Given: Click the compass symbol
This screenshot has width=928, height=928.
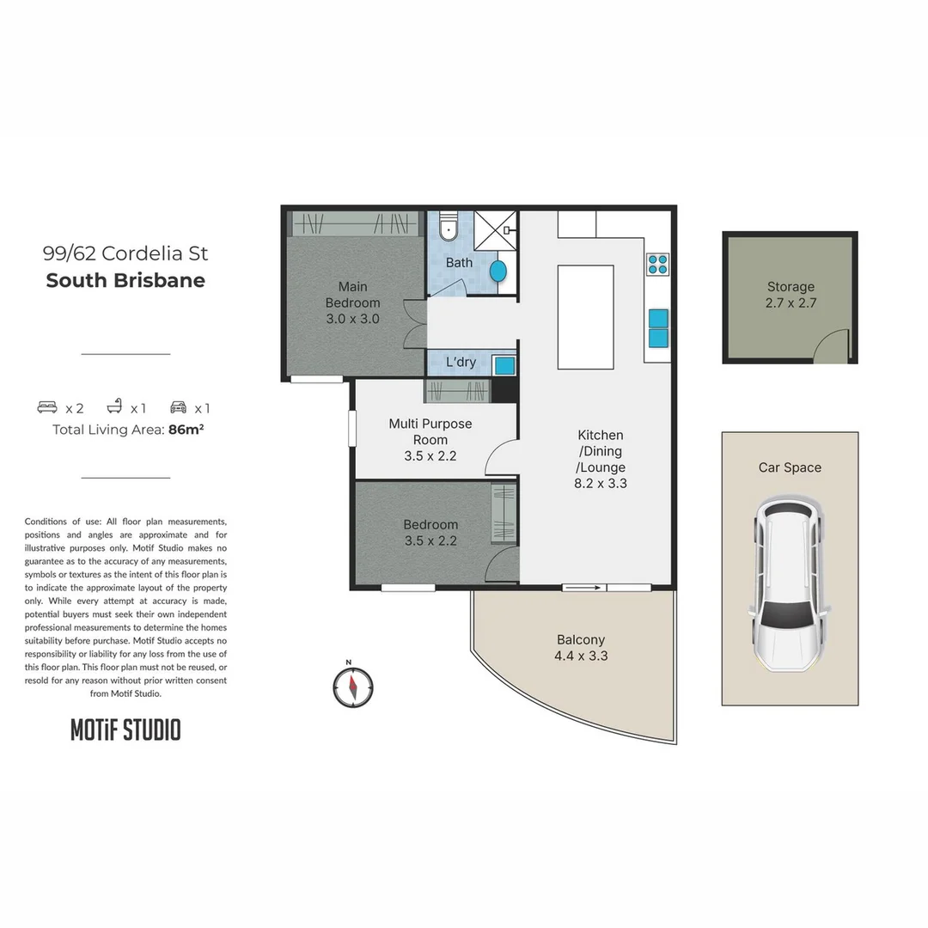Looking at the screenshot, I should [353, 687].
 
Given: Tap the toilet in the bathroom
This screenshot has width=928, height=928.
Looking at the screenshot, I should [449, 229].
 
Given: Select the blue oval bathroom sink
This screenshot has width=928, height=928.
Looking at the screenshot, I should [498, 271].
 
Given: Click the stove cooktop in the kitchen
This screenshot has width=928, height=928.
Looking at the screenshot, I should [658, 264].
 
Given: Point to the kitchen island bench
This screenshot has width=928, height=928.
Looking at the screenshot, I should [585, 316].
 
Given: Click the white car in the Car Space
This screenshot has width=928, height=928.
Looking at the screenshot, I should [790, 583].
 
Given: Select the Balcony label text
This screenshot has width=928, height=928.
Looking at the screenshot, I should [581, 639].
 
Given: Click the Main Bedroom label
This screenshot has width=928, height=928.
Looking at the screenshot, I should [352, 295].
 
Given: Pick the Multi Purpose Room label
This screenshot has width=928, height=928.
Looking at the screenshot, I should [430, 431].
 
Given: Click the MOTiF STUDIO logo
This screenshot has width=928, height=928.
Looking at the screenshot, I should [125, 730].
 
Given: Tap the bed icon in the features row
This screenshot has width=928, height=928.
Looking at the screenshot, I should [47, 408].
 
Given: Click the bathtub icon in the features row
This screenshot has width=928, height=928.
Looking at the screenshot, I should [114, 408].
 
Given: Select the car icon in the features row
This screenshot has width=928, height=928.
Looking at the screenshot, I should [179, 408].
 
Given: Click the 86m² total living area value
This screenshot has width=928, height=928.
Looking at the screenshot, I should [186, 430].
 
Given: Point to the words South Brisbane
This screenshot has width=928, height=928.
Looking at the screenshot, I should [125, 281].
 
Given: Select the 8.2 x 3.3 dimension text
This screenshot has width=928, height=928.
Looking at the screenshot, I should [601, 483].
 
